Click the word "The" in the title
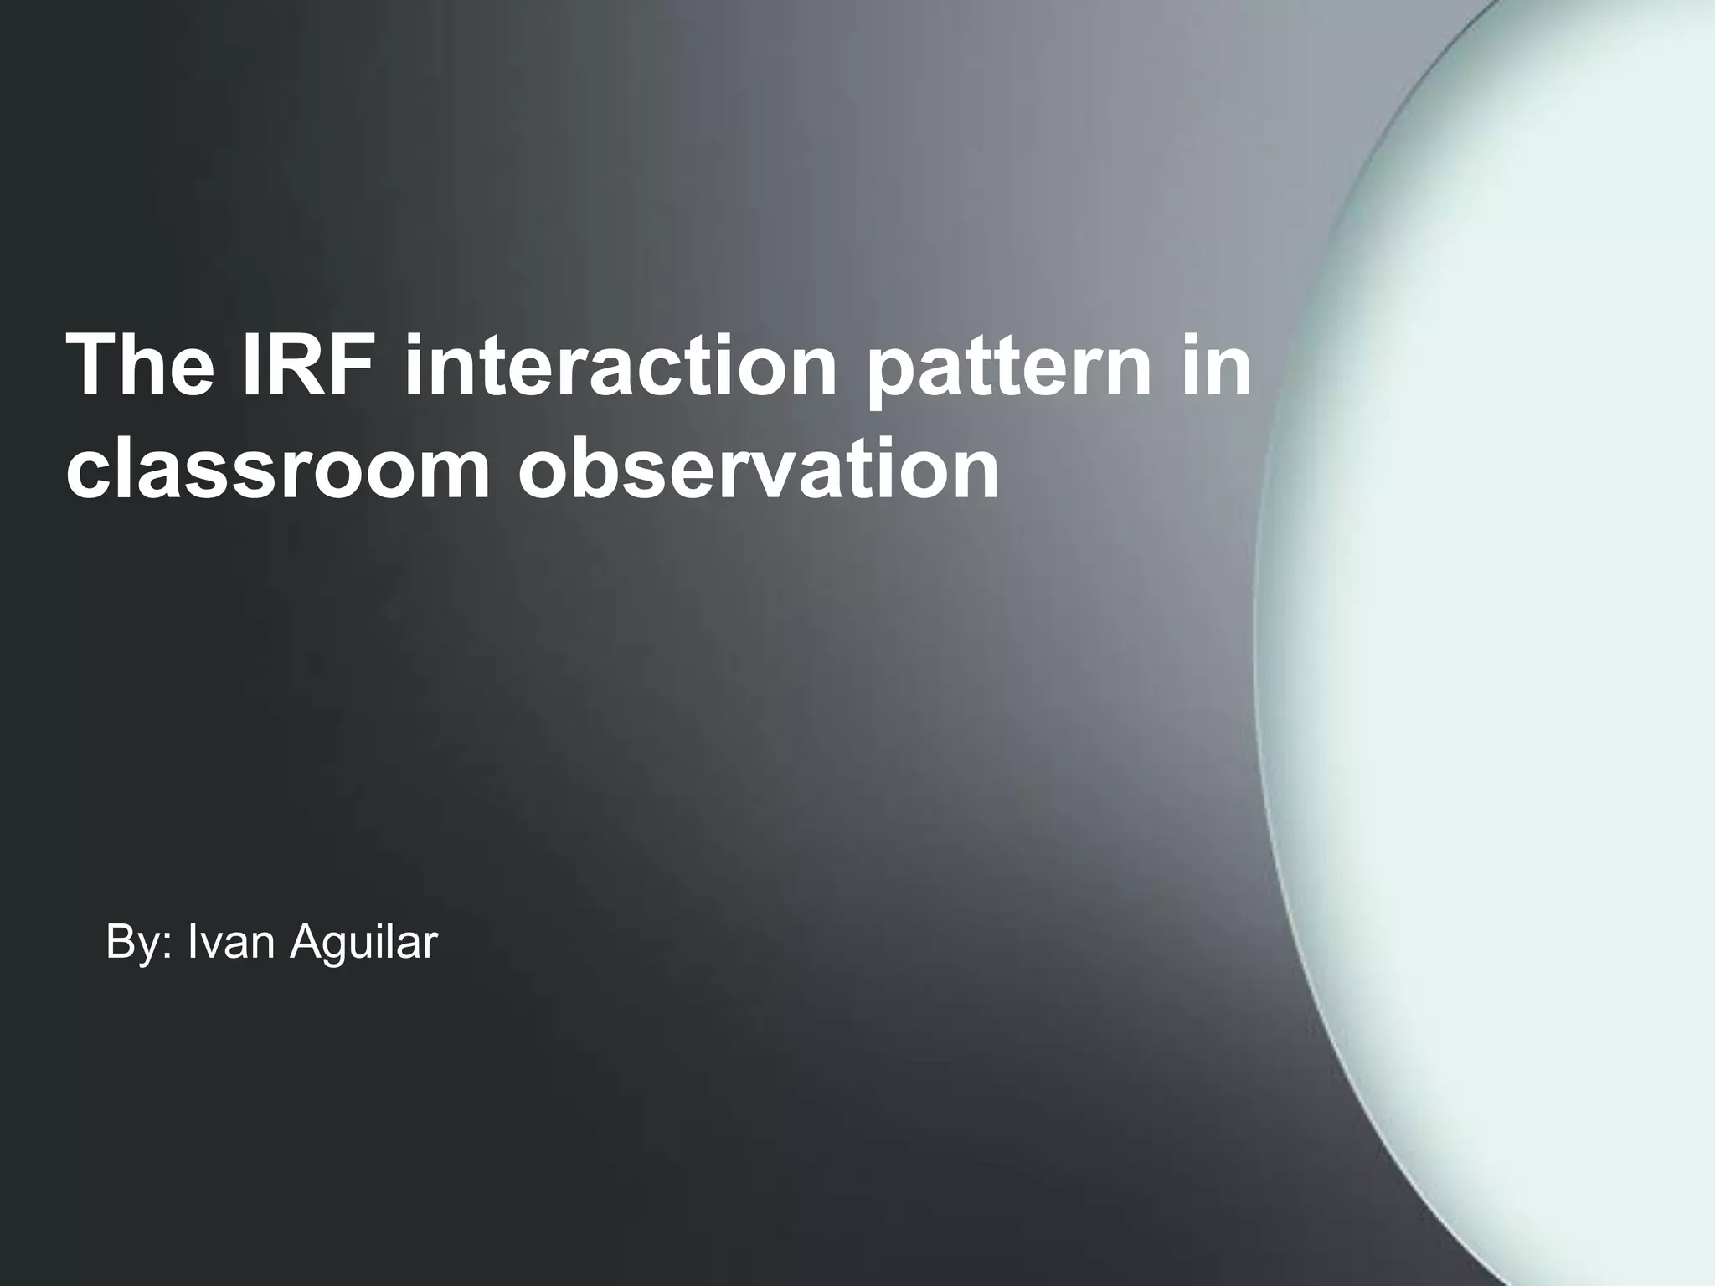140,365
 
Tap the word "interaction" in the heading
620,365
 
